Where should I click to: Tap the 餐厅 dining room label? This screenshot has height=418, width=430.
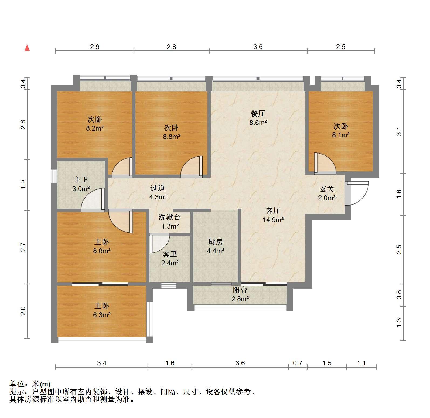pos(258,113)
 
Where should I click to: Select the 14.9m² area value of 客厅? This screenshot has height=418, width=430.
pos(273,220)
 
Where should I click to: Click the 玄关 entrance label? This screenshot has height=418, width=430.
pos(327,189)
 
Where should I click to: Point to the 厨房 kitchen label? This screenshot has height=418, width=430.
pos(216,242)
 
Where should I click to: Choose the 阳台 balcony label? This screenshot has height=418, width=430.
pos(240,290)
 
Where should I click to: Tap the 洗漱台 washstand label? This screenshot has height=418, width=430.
pos(169,217)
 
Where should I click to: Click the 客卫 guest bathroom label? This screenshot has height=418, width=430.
pos(170,254)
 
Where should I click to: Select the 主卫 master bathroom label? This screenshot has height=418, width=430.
pos(81,179)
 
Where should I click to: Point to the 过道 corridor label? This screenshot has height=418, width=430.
pos(157,188)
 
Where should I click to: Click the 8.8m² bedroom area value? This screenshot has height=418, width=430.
pos(172,137)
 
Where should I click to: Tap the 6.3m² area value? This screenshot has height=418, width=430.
pos(102,315)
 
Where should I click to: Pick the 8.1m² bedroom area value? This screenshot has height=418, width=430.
pos(341,135)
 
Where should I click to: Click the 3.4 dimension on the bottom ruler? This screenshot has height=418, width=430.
pos(102,363)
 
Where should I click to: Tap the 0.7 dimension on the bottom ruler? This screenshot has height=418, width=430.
pos(298,363)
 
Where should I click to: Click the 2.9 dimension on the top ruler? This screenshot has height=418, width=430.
pos(95,47)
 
